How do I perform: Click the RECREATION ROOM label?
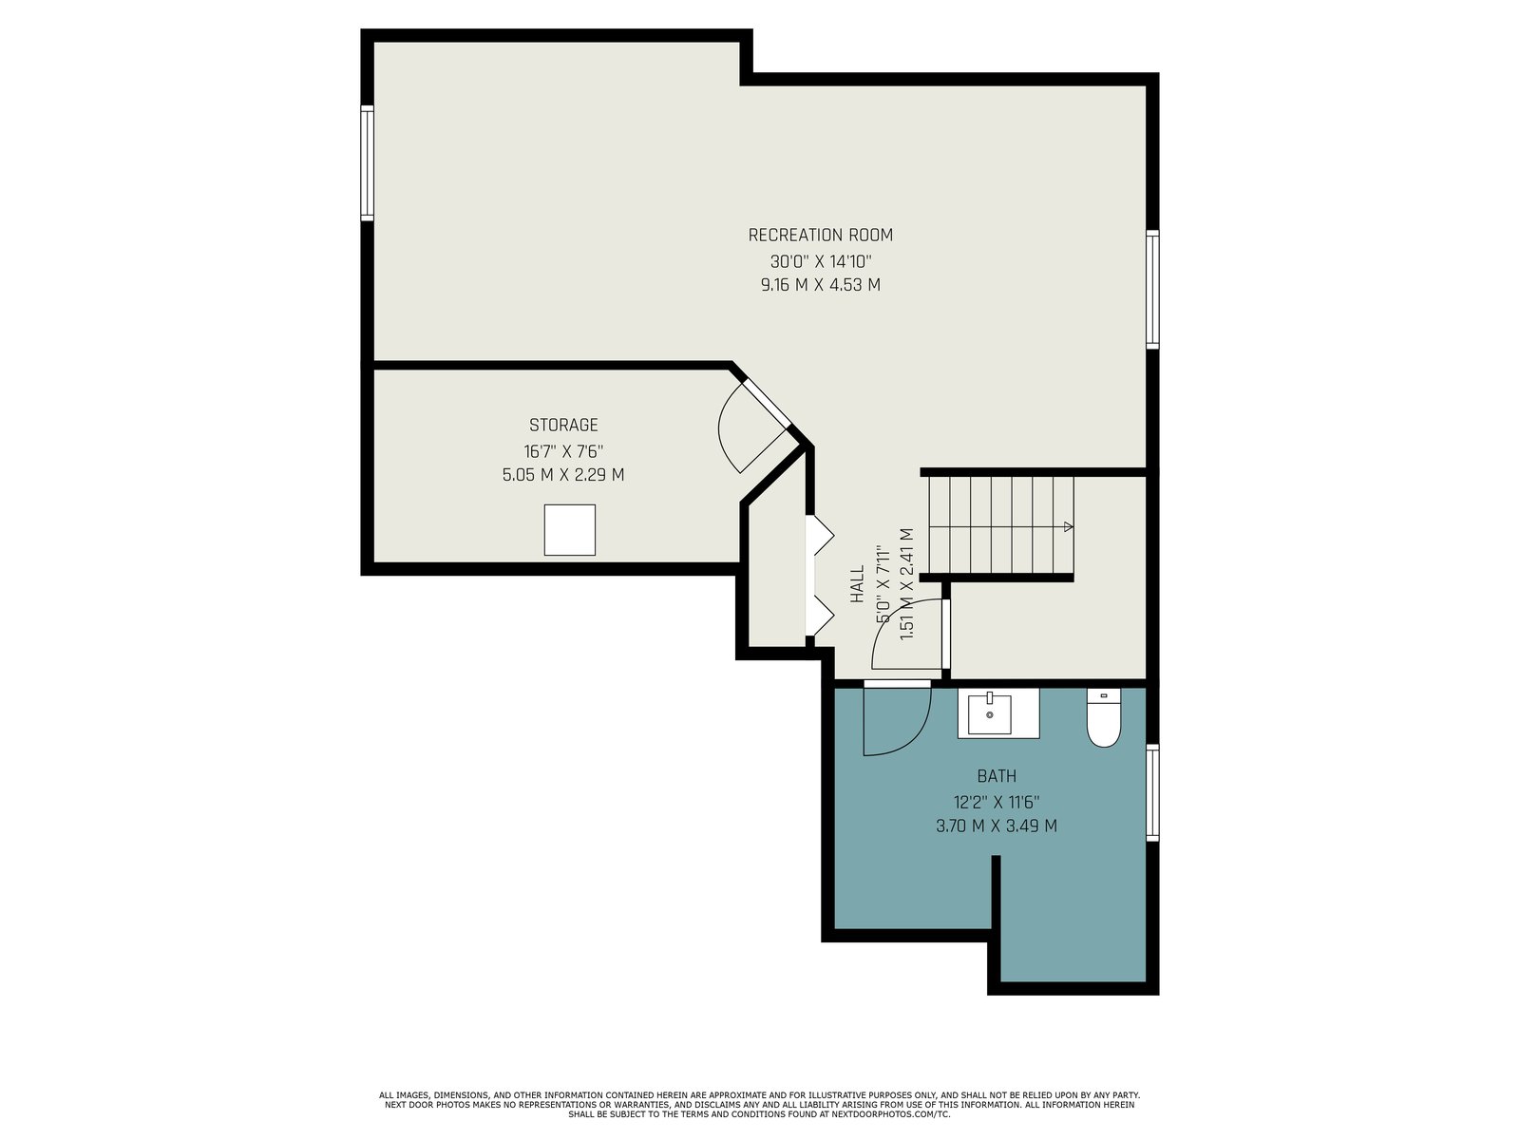[x=821, y=236]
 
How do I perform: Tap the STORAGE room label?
[x=563, y=425]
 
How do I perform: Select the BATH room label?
[x=997, y=776]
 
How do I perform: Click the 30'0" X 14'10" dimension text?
[x=821, y=261]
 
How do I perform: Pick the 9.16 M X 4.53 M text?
[x=821, y=285]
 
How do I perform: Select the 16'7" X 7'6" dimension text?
[x=563, y=451]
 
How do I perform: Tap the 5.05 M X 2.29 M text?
[x=563, y=475]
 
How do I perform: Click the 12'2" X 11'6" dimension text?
[x=997, y=802]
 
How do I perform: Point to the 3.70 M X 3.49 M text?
[x=997, y=826]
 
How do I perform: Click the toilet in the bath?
[x=1104, y=717]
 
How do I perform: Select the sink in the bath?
[x=990, y=712]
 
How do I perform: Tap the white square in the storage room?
[x=569, y=529]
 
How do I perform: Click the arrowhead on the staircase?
[x=1069, y=526]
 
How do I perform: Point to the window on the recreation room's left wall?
[x=367, y=163]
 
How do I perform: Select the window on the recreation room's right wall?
[x=1152, y=290]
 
